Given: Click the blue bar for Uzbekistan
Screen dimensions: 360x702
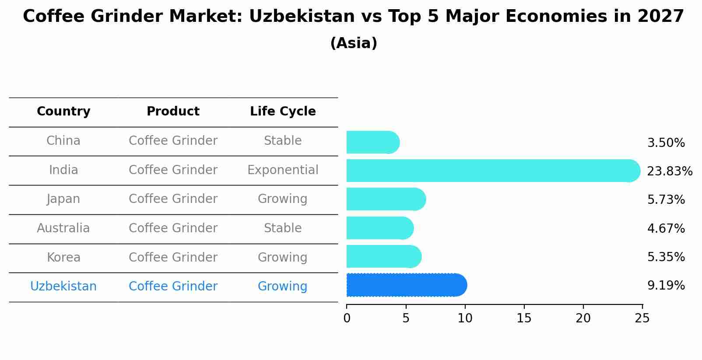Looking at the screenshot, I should click(406, 285).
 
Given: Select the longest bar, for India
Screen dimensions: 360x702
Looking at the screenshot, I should click(492, 171).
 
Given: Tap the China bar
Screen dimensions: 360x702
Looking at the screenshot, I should click(372, 142).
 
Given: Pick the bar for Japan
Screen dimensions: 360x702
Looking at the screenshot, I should click(386, 199).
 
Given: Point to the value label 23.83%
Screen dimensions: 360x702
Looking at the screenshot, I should click(669, 171).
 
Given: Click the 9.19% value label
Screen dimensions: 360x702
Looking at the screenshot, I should click(666, 286).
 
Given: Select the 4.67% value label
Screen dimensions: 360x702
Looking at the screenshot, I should click(666, 228).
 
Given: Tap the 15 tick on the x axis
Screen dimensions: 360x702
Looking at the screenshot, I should click(524, 318).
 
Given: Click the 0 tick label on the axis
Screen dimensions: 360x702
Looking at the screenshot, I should click(347, 318).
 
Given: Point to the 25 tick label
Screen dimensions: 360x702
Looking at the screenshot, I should click(642, 318).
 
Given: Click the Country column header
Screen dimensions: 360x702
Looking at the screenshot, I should click(63, 112).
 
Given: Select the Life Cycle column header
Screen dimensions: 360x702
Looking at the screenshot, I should click(283, 112).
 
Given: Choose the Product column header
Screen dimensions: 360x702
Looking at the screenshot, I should click(173, 112).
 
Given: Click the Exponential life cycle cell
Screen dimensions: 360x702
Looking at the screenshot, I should click(283, 170).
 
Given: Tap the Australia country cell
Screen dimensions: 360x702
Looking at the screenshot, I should click(63, 228).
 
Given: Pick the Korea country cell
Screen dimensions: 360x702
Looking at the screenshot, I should click(63, 257).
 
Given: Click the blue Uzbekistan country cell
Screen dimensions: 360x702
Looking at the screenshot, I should click(63, 287).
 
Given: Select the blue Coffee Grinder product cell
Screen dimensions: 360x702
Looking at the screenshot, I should click(173, 287).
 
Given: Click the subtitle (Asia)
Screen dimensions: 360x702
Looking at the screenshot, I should click(354, 43).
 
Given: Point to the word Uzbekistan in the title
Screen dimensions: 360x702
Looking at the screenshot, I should click(302, 17).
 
